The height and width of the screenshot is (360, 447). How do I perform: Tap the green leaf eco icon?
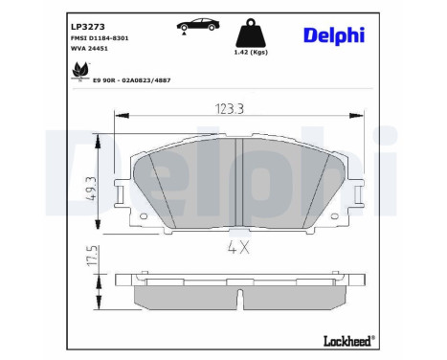click(78, 70)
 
